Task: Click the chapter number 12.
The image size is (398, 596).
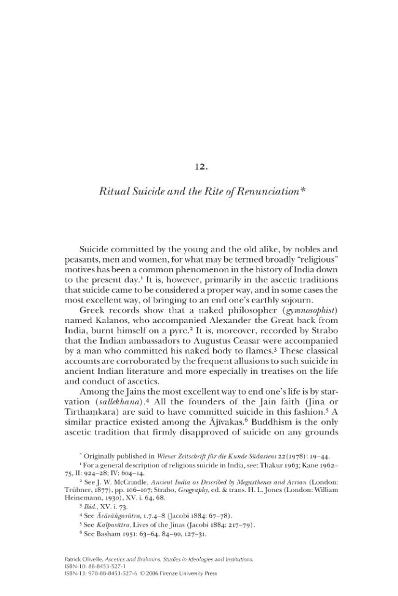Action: point(199,166)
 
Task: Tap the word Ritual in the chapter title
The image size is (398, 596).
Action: point(113,192)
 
